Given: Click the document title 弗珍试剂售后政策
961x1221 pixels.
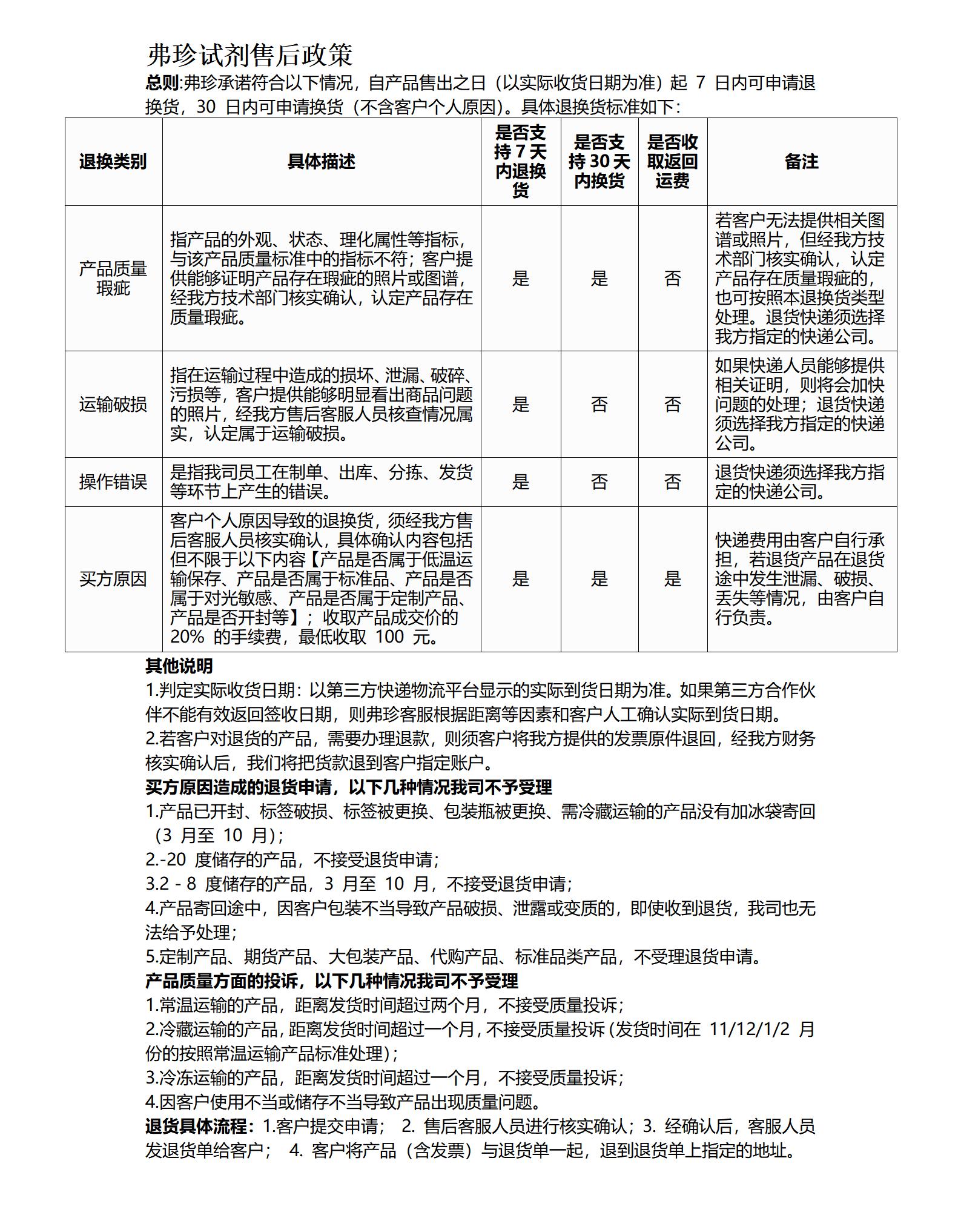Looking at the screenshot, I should pos(249,55).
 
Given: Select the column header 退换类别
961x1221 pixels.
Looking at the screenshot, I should pos(113,162).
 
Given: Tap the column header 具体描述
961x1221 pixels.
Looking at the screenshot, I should pos(321,162).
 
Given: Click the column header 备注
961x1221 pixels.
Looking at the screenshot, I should pos(801,162).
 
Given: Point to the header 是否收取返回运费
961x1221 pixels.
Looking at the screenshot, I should pos(672,162).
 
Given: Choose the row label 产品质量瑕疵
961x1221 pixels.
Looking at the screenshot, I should pos(113,279).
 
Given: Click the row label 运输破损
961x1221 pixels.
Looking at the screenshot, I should pos(113,405).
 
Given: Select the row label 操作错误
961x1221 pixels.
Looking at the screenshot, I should pos(113,482).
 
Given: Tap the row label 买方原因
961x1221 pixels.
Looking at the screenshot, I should pos(113,579).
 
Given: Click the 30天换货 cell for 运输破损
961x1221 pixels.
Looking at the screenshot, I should pos(599,405).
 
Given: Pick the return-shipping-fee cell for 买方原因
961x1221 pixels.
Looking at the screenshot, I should pos(672,579).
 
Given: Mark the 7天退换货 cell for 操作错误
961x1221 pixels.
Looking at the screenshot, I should pos(521,482).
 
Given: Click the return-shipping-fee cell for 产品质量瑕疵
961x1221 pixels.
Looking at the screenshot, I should pos(672,279).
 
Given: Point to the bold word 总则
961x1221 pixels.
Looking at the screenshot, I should pos(162,83).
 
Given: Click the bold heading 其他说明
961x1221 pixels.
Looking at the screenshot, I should pos(179,666).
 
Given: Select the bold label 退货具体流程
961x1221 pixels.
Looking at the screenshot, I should pos(196,1127).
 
